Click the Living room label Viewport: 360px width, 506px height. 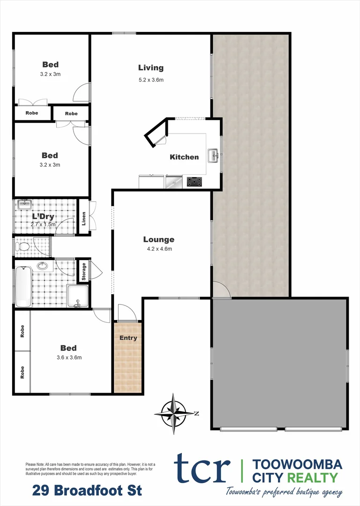151,68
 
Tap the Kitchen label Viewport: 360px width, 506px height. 184,157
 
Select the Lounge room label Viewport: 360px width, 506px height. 158,239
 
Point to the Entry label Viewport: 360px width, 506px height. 128,338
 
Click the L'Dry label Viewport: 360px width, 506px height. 44,216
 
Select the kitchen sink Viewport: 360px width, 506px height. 213,156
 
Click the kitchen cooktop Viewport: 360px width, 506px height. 195,182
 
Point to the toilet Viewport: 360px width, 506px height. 23,246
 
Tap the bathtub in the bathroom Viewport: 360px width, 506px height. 22,285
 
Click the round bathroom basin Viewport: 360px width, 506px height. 43,266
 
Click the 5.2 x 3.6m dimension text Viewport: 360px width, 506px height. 151,80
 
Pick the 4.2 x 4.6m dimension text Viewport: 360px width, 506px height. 158,249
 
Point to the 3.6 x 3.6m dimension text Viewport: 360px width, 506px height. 68,358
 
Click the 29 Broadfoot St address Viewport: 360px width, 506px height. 87,491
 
